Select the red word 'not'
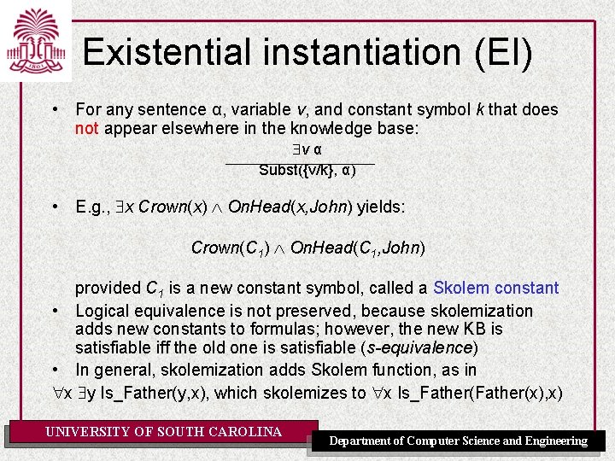click(x=86, y=128)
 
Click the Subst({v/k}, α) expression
click(x=307, y=170)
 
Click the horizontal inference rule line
click(x=300, y=160)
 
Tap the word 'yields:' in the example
click(x=381, y=207)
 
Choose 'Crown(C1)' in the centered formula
click(x=230, y=248)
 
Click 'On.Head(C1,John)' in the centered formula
click(x=358, y=248)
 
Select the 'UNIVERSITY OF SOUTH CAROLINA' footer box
click(x=163, y=432)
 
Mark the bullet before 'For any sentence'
click(x=55, y=109)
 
